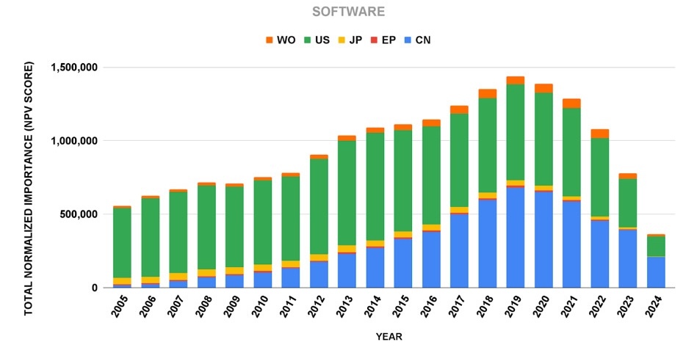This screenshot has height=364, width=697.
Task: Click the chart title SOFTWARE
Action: [x=348, y=12]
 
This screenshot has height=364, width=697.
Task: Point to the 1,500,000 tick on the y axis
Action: [x=75, y=68]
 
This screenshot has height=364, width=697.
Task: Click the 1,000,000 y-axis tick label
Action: [x=75, y=141]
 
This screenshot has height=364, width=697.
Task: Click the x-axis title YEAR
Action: [x=389, y=337]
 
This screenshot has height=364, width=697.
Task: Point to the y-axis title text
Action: [x=29, y=189]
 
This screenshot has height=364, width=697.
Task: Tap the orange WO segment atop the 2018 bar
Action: [x=487, y=93]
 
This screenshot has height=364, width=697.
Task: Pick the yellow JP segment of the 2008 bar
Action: [x=206, y=272]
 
